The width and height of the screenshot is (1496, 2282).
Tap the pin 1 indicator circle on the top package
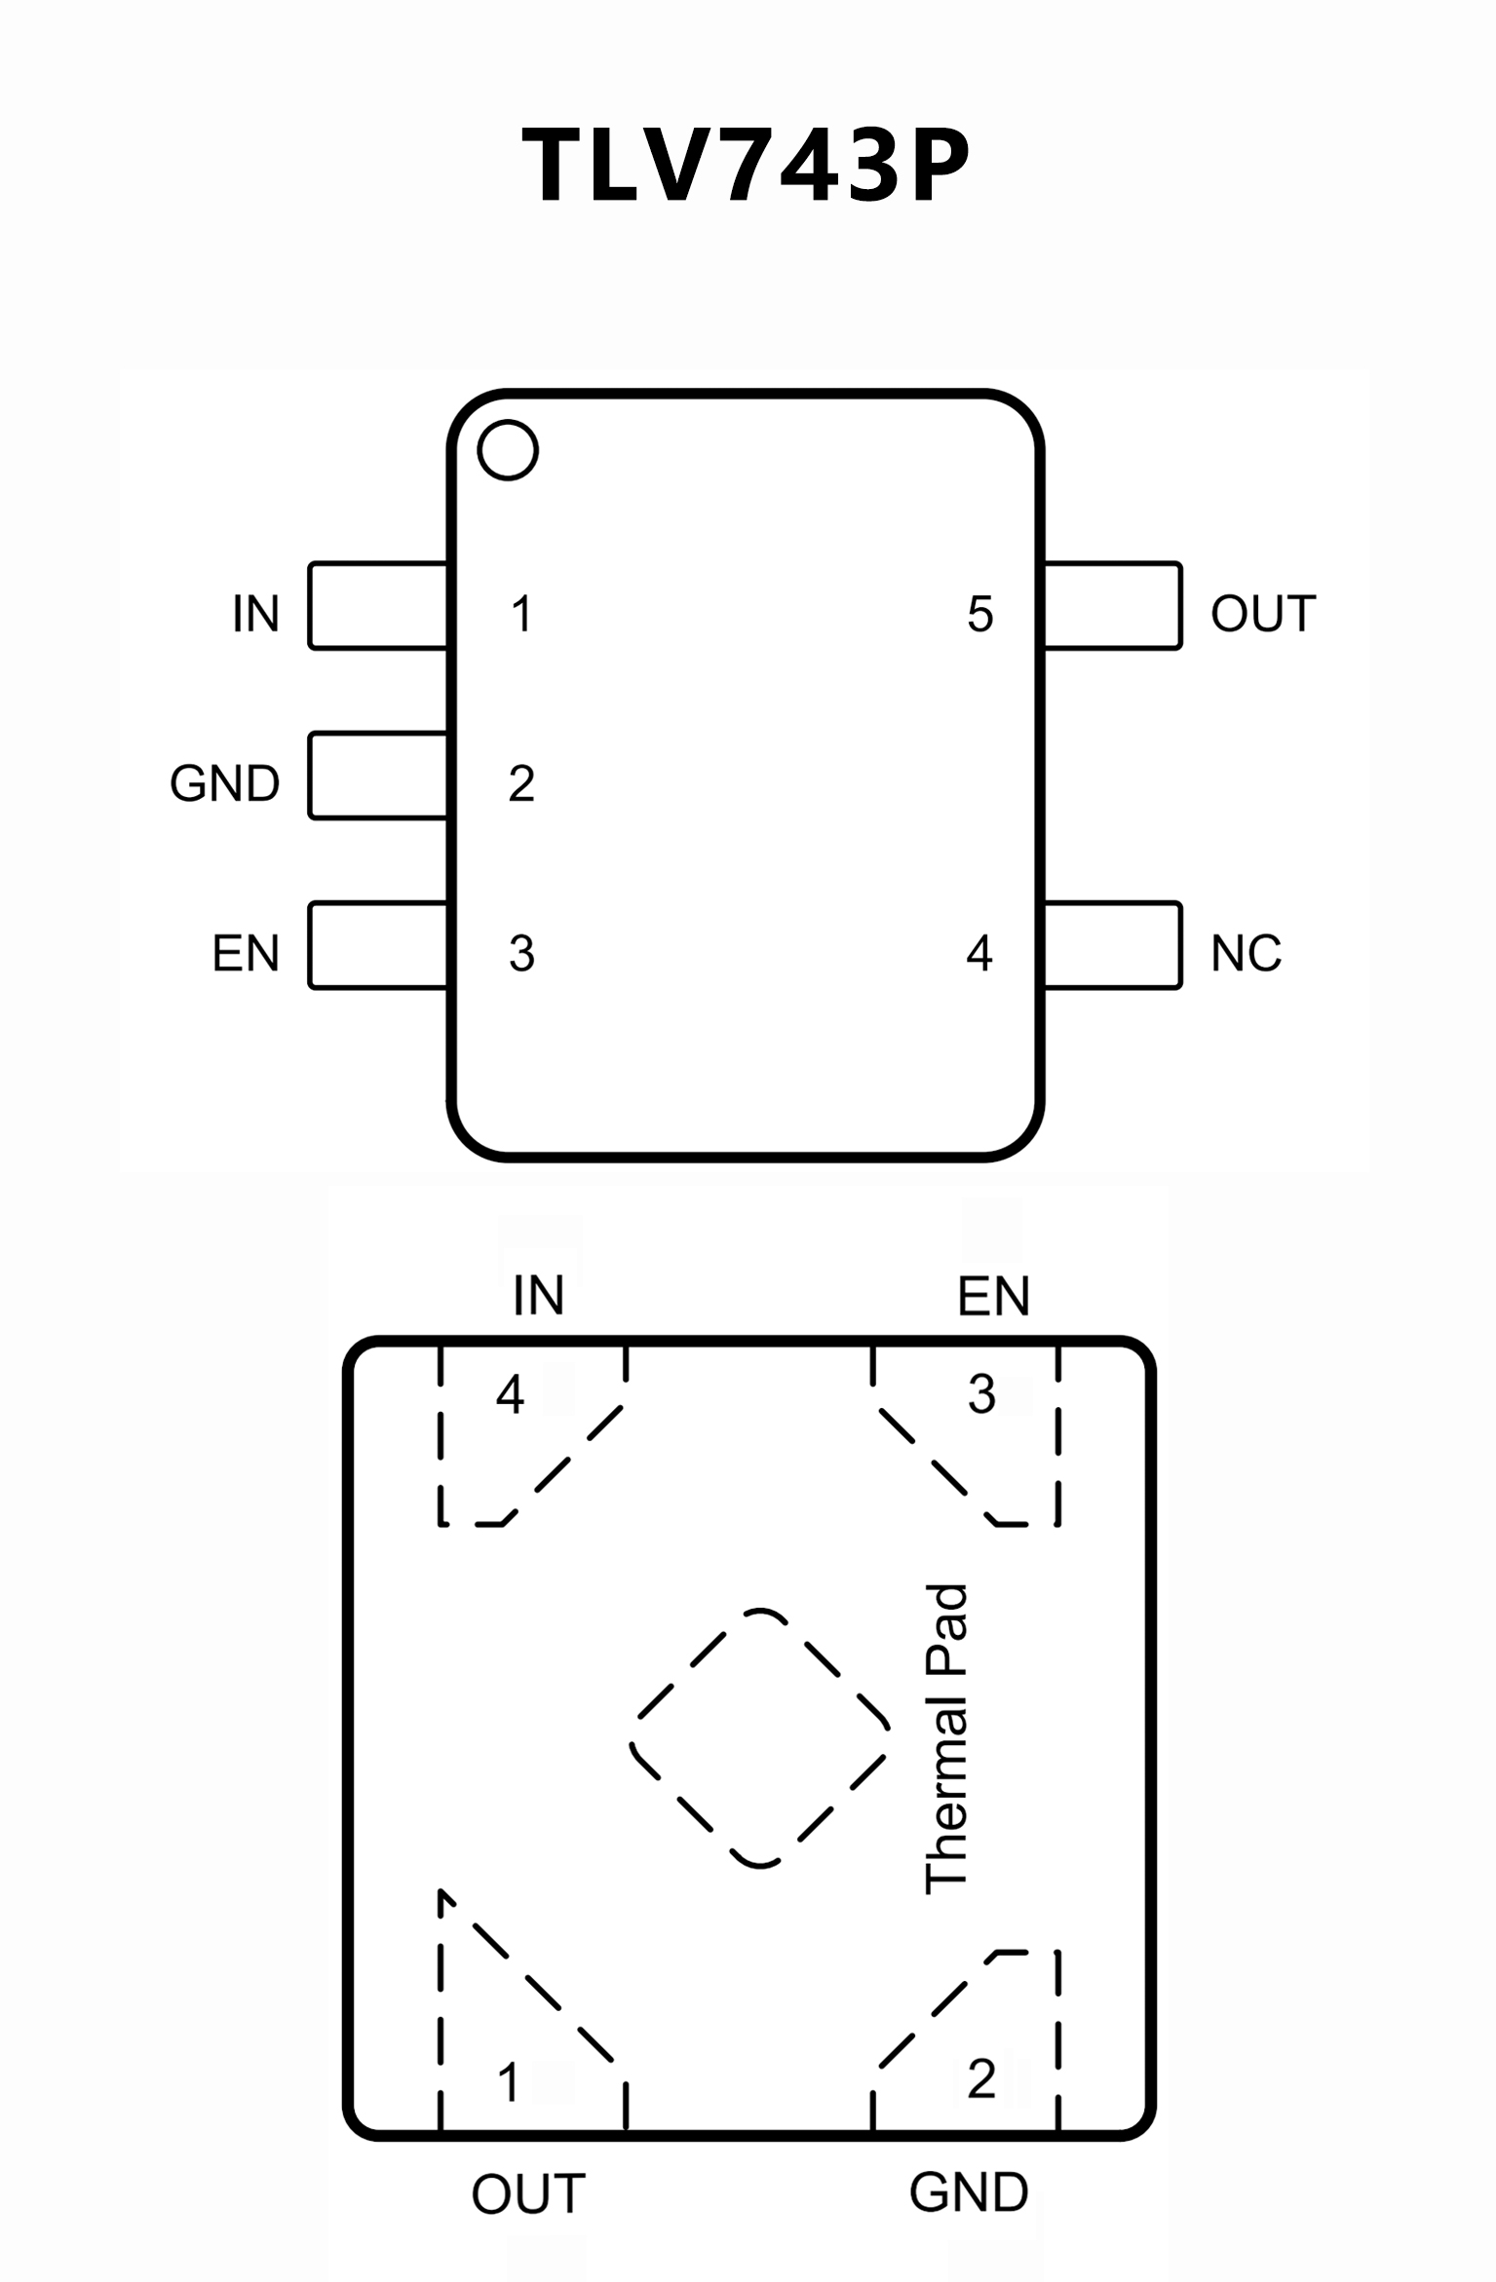pos(508,450)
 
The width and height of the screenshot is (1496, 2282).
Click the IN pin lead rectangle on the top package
pos(378,605)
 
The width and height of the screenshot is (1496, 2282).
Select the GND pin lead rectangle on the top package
pos(378,776)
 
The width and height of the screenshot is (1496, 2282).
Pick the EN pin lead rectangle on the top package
pos(378,945)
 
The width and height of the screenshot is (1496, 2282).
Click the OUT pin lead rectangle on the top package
pos(1112,605)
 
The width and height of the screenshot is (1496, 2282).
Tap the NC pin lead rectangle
pos(1112,945)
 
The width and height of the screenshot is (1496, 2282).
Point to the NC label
pos(1246,954)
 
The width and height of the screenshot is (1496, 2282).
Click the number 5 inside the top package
pos(979,615)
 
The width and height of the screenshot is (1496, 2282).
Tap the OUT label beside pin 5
pos(1263,615)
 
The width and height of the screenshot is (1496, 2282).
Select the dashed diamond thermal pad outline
pos(760,1739)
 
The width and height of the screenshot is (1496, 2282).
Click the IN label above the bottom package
pos(539,1296)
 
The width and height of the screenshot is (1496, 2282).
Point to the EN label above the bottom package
pos(993,1297)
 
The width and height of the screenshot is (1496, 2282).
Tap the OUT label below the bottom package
pos(528,2194)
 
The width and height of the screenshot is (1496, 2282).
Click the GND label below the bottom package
pos(969,2192)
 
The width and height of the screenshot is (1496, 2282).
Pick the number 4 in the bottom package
pos(510,1395)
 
